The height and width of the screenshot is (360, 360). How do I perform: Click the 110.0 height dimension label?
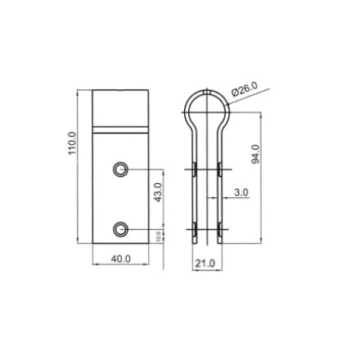72,144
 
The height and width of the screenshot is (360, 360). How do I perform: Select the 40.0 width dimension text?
120,259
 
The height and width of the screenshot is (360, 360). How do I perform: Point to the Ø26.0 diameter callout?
244,88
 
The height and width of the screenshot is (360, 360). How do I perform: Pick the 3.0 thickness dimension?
241,192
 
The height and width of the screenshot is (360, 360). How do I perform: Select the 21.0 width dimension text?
205,263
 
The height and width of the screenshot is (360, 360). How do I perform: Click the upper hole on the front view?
120,169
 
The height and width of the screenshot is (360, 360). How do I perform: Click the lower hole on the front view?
120,228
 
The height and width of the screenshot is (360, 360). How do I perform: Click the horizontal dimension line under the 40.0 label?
120,265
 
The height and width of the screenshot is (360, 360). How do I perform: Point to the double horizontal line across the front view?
120,129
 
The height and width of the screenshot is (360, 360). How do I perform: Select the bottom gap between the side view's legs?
206,239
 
